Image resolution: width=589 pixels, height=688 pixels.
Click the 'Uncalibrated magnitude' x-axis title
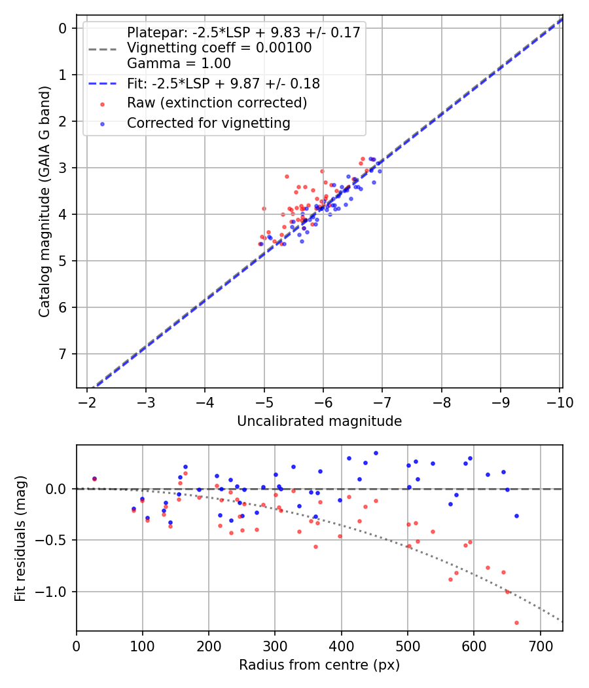point(319,421)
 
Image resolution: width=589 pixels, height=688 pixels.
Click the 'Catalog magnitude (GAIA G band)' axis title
point(44,204)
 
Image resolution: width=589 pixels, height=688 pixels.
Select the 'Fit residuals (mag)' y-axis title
point(21,537)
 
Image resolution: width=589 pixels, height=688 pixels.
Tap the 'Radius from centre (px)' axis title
point(319,665)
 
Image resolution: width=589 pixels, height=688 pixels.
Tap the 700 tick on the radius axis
point(540,645)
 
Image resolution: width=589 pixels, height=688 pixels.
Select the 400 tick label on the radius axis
point(341,645)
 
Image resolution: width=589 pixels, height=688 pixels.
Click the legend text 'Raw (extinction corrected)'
point(217,103)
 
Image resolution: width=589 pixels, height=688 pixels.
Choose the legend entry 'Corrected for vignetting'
point(208,123)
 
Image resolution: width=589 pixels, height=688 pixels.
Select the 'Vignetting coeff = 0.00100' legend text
point(219,48)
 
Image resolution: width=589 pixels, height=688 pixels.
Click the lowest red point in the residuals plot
point(516,622)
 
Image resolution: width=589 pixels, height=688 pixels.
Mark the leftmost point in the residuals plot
point(94,479)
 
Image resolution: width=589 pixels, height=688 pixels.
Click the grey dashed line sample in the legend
point(102,48)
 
